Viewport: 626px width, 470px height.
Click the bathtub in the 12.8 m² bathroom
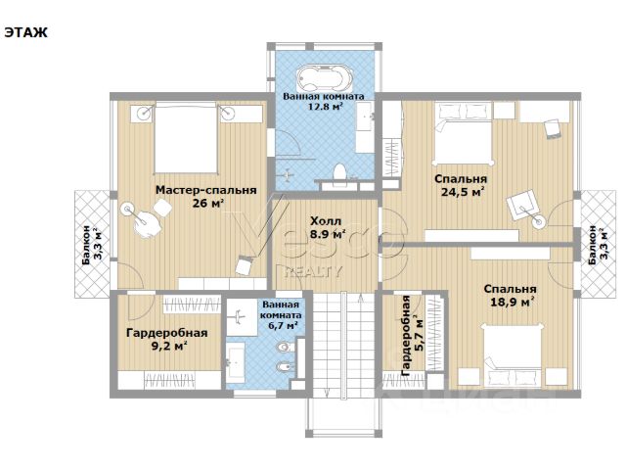click(x=325, y=78)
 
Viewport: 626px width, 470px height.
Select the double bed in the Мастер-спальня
click(x=186, y=137)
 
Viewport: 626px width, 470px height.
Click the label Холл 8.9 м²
click(x=327, y=227)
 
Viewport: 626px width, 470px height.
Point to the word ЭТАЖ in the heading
click(x=26, y=32)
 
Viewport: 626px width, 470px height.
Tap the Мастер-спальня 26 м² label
click(x=206, y=196)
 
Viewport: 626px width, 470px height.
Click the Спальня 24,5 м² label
click(x=462, y=185)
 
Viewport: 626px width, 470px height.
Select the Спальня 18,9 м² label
click(x=511, y=295)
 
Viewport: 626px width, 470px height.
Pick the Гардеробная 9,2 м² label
click(x=167, y=339)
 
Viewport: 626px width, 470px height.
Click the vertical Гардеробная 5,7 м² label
click(x=412, y=336)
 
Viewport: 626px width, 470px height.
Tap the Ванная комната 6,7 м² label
click(x=281, y=315)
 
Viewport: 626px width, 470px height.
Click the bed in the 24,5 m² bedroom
click(x=463, y=133)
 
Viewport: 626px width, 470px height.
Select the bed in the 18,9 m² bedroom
click(x=513, y=354)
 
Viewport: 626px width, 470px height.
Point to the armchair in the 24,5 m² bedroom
click(x=522, y=205)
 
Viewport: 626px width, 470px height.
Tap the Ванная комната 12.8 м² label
click(x=324, y=101)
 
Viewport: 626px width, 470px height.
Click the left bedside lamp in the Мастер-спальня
click(x=144, y=113)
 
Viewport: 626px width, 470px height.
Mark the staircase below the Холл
click(x=343, y=345)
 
